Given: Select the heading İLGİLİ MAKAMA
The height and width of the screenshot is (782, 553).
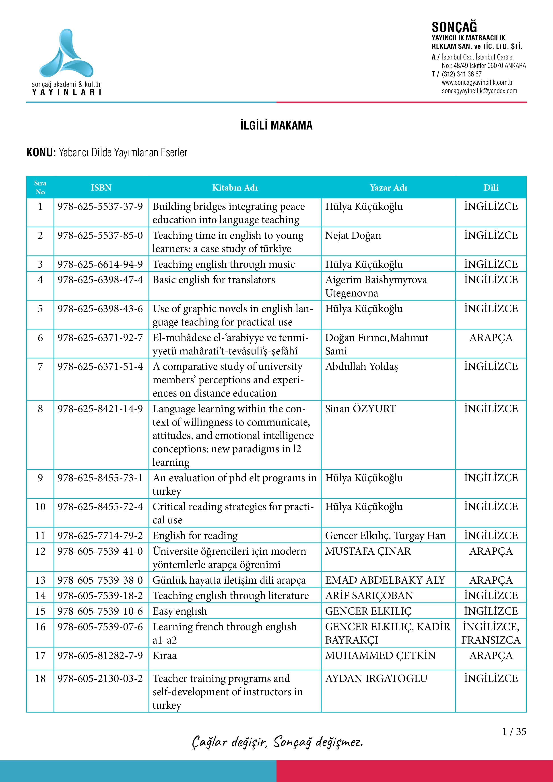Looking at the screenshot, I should tap(276, 126).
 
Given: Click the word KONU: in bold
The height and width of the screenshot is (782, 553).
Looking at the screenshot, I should tap(41, 152).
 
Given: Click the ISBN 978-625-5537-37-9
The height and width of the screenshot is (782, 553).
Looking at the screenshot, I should tap(100, 206).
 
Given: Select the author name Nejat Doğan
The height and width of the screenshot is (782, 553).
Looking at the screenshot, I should tap(353, 235).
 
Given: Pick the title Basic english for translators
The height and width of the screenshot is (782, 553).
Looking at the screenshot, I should tap(214, 280).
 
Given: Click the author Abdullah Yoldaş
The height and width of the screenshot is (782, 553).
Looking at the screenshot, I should tap(361, 366).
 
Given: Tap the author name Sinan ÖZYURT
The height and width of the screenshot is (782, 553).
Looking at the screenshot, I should tap(361, 409).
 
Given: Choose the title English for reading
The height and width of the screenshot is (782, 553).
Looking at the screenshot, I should tap(195, 535).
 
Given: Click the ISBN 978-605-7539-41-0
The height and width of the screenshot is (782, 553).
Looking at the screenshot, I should tap(100, 551).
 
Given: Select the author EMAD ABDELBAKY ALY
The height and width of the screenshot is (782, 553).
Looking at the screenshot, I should tap(385, 580).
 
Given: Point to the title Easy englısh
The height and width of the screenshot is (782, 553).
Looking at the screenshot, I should tap(180, 611).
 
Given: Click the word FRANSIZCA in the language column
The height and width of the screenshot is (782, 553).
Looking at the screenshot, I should tap(491, 640).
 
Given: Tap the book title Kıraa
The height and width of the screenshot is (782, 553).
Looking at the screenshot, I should tap(165, 656).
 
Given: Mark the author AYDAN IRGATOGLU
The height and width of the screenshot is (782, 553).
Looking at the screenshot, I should tap(376, 679).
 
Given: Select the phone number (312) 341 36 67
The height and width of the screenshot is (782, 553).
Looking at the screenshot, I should tap(462, 74).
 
